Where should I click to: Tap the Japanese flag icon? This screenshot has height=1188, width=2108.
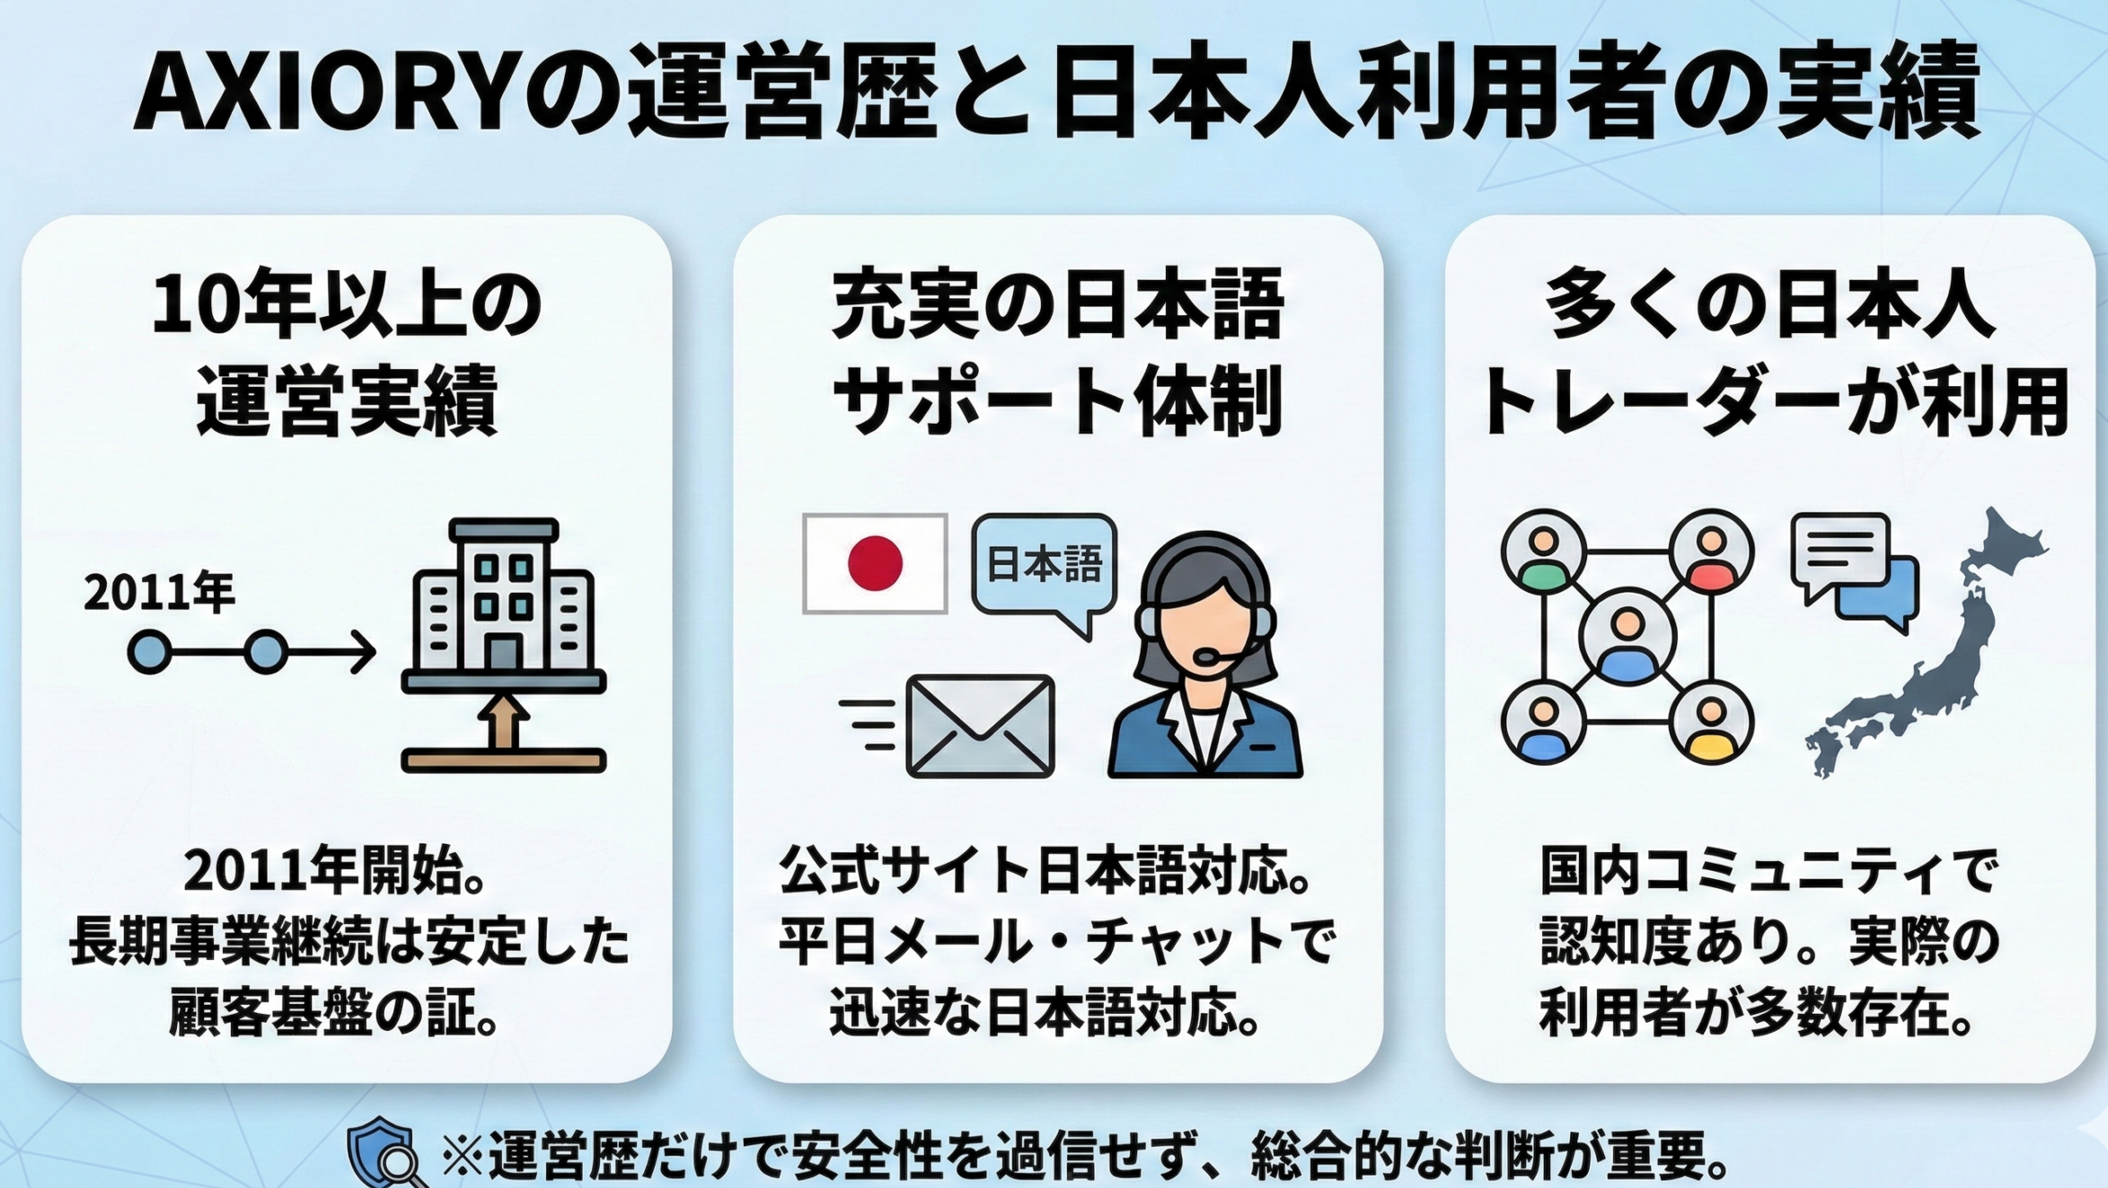click(875, 564)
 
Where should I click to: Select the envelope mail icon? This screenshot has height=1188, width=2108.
click(980, 726)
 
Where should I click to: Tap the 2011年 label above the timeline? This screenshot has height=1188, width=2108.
click(159, 594)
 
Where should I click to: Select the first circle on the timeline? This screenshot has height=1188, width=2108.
click(149, 652)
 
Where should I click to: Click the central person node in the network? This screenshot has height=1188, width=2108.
click(1627, 638)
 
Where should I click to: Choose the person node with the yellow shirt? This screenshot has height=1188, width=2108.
click(1711, 723)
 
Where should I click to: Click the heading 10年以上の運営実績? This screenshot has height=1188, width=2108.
click(347, 352)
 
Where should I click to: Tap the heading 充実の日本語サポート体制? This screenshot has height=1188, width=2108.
click(1057, 352)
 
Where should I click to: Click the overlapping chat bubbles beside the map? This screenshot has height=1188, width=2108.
click(1854, 572)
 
